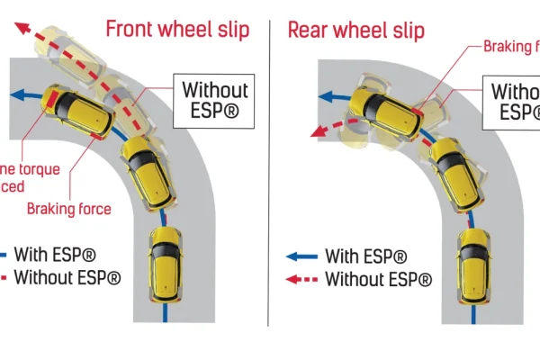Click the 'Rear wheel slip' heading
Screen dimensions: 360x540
pos(355,30)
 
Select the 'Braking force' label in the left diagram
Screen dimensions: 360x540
pos(68,209)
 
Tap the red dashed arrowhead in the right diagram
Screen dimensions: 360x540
pos(316,131)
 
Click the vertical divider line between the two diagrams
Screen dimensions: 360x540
pos(269,180)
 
